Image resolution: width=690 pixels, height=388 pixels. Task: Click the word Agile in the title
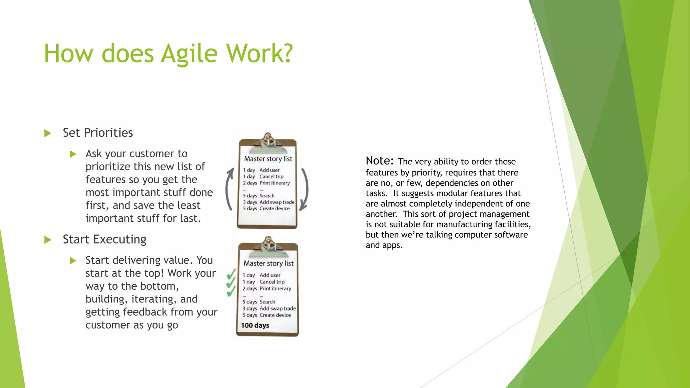point(189,54)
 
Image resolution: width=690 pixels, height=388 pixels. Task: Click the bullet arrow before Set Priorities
point(48,133)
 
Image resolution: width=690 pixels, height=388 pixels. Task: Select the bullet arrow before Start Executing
point(48,240)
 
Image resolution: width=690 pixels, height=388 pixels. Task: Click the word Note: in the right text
point(379,161)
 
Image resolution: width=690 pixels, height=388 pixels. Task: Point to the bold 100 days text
point(255,325)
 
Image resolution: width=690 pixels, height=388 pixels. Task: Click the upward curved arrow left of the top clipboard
point(229,189)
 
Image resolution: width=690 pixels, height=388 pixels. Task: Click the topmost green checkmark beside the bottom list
point(231,274)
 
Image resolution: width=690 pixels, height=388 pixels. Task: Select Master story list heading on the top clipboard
point(268,159)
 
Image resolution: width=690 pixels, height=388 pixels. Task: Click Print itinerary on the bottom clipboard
point(275,289)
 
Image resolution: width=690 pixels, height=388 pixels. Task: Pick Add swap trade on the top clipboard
point(277,202)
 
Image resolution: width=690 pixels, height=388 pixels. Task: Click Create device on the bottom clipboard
point(275,315)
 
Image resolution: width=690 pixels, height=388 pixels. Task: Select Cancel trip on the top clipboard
point(271,176)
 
